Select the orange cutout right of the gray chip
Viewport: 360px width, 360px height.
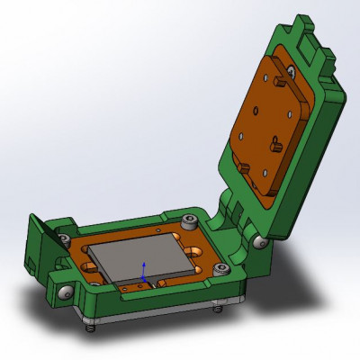196,267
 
